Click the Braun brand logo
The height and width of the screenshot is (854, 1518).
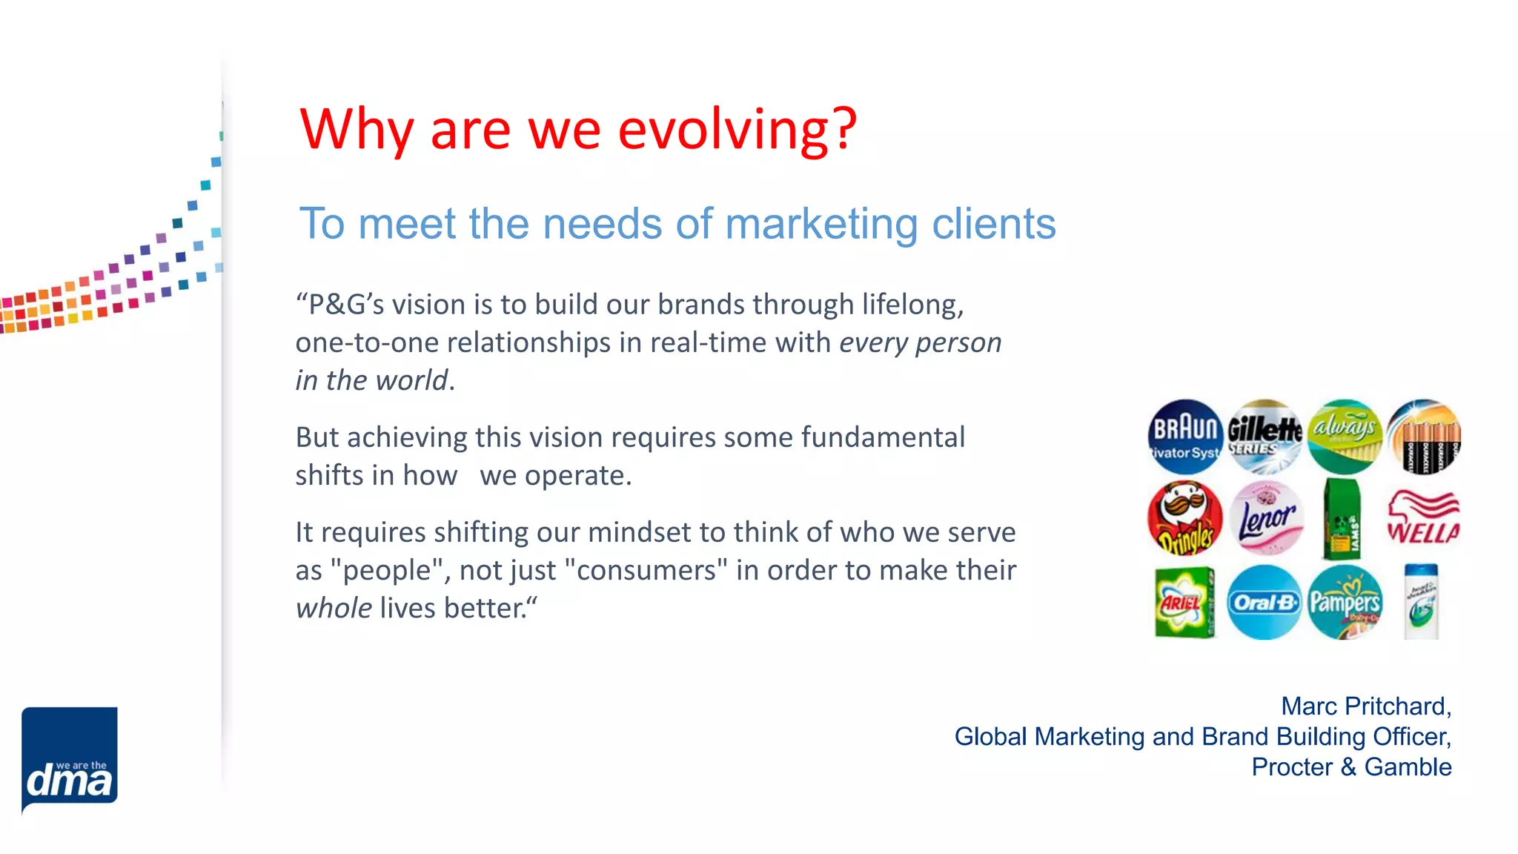click(1185, 437)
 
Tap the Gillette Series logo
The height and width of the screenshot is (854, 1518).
click(1265, 437)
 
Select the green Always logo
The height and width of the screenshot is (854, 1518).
click(1345, 437)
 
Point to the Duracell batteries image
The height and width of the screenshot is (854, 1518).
click(1424, 437)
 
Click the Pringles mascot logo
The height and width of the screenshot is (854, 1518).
click(1185, 518)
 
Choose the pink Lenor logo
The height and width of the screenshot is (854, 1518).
click(1266, 518)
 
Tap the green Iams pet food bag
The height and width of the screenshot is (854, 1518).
click(1343, 518)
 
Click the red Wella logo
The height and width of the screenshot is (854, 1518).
click(1424, 518)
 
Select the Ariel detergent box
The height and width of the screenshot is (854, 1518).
click(1184, 602)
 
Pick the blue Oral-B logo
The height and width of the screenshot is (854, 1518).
click(1265, 602)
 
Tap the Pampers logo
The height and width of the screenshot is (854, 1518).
click(1345, 602)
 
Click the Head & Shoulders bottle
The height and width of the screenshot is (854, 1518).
click(1422, 602)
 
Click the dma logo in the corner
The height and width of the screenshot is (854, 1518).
click(70, 760)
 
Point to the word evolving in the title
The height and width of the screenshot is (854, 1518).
click(737, 129)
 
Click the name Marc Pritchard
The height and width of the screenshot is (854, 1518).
click(1365, 706)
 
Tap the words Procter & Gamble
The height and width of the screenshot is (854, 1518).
click(1351, 767)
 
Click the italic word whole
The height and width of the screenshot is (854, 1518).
click(334, 609)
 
